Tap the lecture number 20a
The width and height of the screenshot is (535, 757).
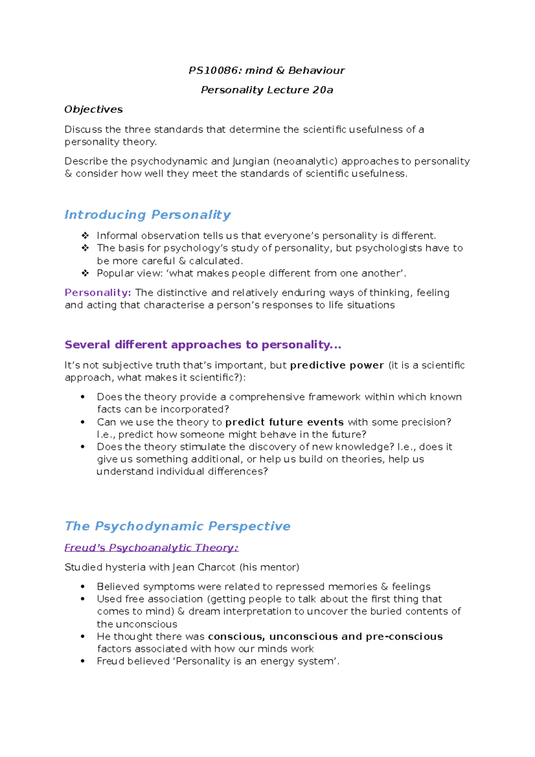(323, 90)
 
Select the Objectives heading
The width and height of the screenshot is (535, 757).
(94, 109)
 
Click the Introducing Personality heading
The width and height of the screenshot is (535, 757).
(148, 214)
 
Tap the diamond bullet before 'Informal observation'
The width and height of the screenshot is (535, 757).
(85, 235)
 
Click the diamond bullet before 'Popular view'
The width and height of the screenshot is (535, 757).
(85, 273)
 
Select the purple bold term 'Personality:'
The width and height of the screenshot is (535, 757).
(98, 292)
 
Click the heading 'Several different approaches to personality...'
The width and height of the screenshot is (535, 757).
(203, 345)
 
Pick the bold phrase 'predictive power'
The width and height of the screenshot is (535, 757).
(337, 365)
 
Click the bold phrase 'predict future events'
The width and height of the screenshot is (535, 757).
(284, 422)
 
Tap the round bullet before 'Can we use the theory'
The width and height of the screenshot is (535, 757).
(82, 422)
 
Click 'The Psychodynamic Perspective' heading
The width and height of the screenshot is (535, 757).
(177, 526)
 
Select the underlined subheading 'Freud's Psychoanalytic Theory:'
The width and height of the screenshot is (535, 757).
(152, 547)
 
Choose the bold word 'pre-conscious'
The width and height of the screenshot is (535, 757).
(404, 636)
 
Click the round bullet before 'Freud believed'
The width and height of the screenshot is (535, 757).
(82, 661)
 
